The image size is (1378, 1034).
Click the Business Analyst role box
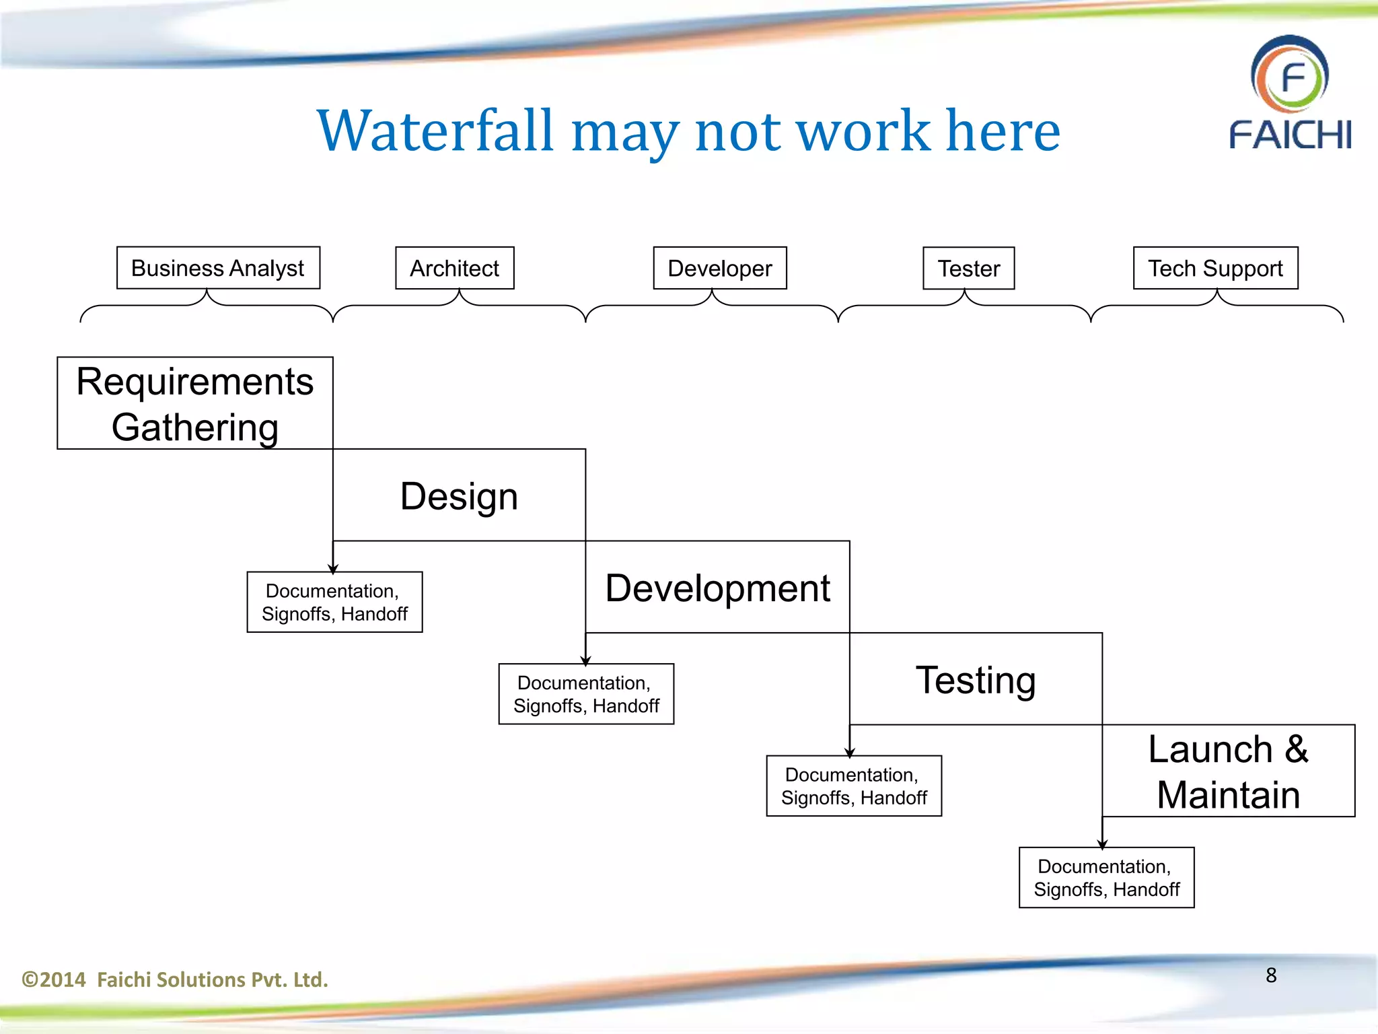point(218,268)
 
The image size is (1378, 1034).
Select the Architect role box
point(454,268)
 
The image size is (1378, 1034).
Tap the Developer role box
point(719,268)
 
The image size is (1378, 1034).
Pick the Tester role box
point(968,268)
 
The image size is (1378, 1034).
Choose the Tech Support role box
point(1215,268)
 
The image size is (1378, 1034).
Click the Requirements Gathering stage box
point(195,403)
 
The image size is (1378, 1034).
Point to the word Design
point(459,496)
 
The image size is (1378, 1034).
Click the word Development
point(717,588)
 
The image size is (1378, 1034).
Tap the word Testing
point(976,680)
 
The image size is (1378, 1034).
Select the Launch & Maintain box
point(1228,771)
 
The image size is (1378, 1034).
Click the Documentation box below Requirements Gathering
point(334,602)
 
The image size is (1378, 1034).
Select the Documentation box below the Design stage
point(586,694)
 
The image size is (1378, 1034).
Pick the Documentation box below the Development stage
point(854,786)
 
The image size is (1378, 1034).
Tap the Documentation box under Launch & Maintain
point(1106,878)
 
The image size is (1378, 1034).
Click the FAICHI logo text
point(1290,135)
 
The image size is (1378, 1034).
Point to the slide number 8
point(1270,975)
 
